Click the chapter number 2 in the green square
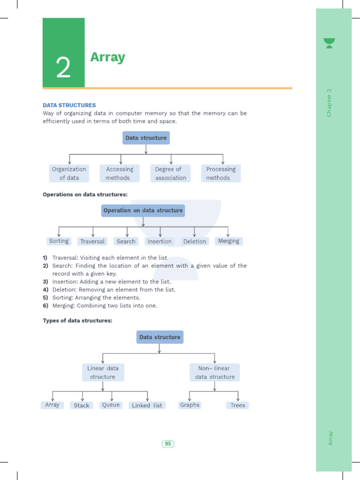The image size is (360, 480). (63, 68)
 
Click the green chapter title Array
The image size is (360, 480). (107, 57)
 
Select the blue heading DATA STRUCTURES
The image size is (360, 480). (69, 105)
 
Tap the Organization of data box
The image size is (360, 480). (69, 173)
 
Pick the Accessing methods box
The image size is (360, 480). (120, 173)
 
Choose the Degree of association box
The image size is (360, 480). (171, 173)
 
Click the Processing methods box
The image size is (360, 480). (221, 173)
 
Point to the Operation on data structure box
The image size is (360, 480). (143, 210)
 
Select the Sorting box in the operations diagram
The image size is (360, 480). (59, 241)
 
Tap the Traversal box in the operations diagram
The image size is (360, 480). (92, 241)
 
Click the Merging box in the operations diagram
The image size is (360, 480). (229, 241)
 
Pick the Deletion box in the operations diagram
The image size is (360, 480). (195, 241)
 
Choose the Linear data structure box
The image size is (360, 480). (103, 373)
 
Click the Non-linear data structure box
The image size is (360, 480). (215, 373)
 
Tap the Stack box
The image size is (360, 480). (82, 405)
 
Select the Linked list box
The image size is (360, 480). (147, 405)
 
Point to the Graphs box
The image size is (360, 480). (190, 405)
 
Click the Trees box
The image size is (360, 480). (238, 405)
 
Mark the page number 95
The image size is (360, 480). (168, 444)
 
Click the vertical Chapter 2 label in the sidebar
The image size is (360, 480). (330, 103)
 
